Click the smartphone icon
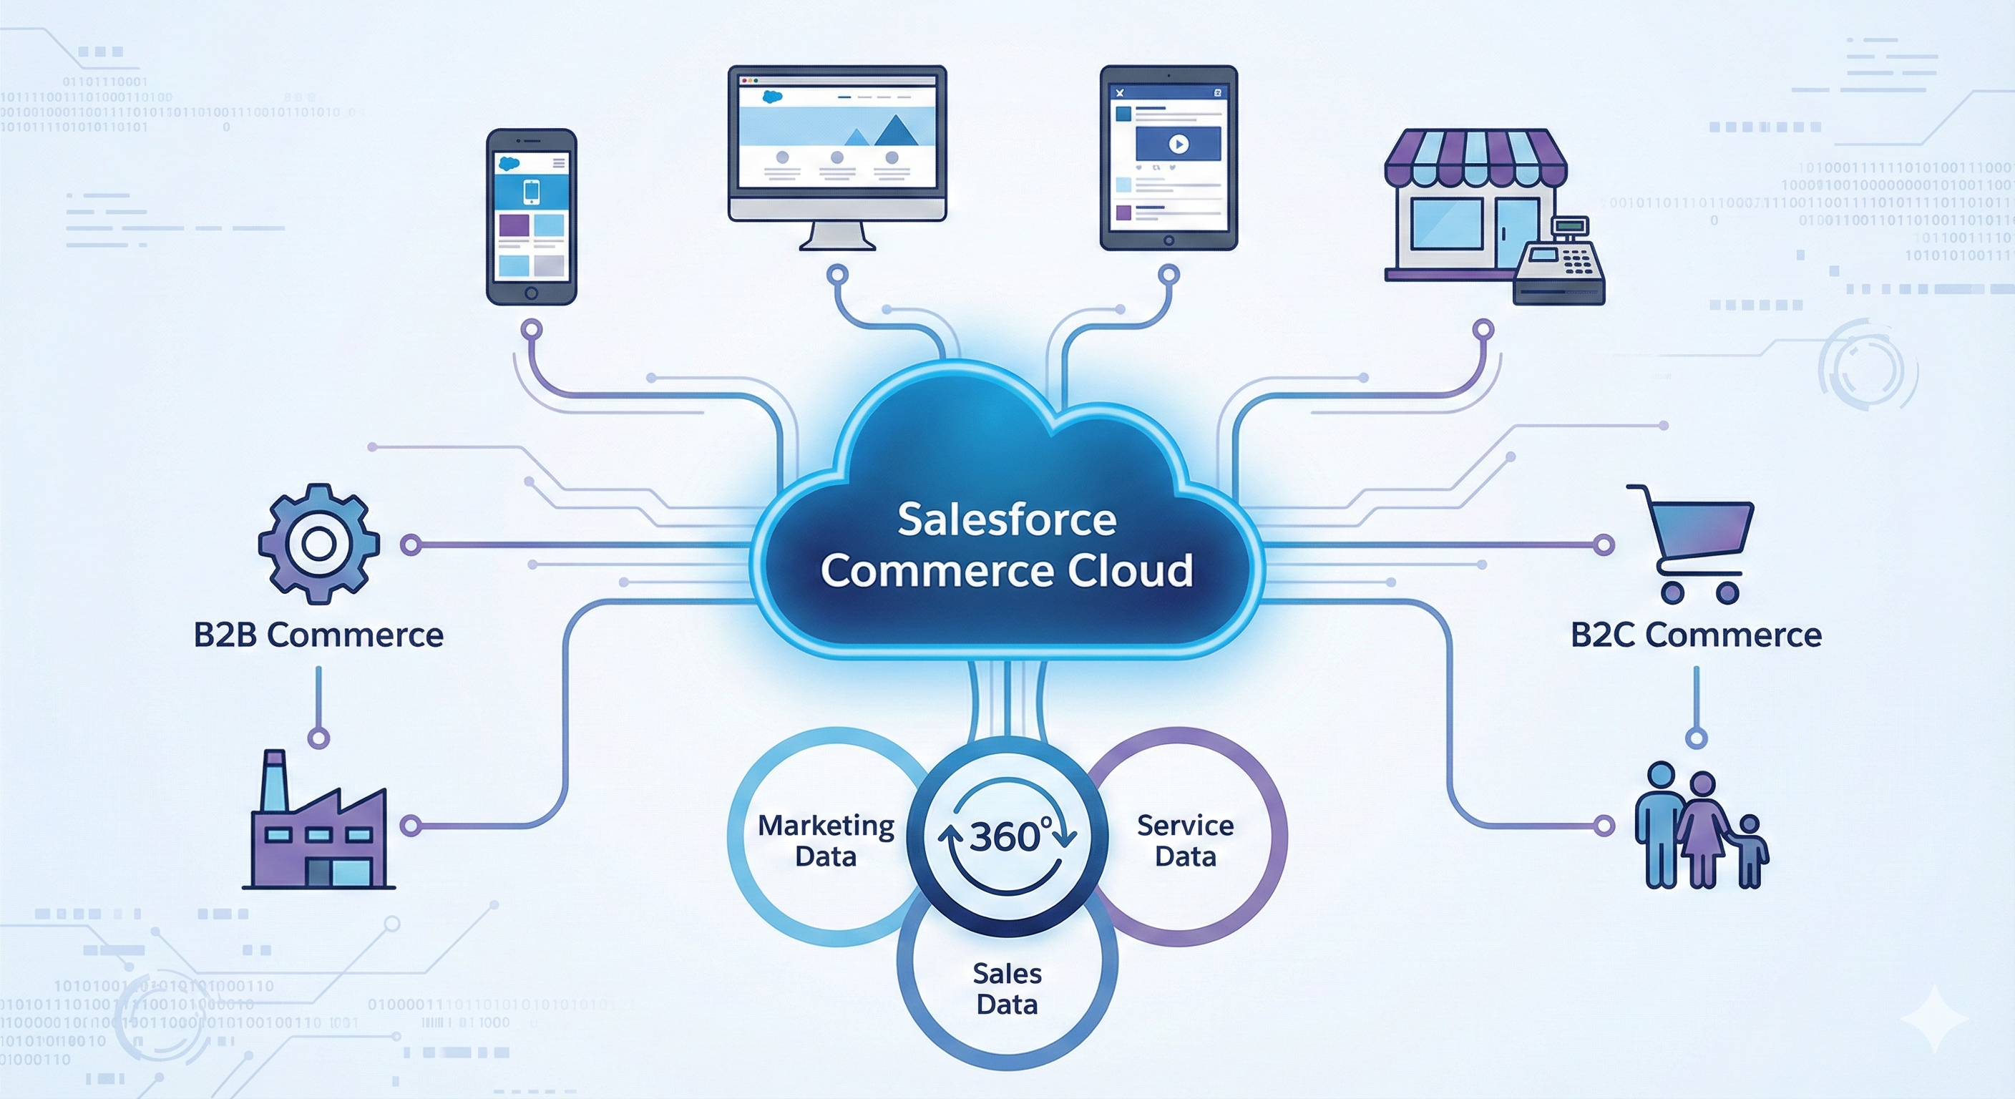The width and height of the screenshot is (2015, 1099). click(531, 217)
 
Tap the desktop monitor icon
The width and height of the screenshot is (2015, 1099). click(837, 149)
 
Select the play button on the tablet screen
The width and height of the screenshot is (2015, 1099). click(1178, 144)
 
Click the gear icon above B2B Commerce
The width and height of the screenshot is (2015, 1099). click(319, 543)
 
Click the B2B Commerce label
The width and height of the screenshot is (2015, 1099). click(318, 635)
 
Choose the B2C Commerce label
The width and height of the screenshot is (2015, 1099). click(1696, 635)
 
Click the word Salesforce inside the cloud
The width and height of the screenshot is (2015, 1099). click(1007, 519)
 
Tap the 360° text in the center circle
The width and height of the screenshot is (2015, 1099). click(1007, 836)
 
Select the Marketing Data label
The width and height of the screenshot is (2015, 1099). click(826, 841)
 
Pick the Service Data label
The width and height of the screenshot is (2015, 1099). click(1185, 841)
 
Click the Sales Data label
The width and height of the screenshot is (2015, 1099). click(1007, 989)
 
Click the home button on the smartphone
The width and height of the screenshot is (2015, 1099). click(531, 293)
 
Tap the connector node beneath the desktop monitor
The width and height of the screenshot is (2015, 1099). click(837, 275)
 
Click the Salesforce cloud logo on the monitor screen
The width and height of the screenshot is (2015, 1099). click(772, 97)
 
